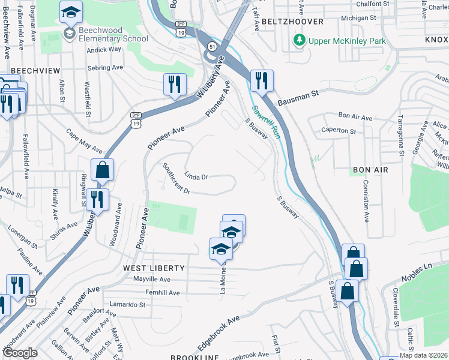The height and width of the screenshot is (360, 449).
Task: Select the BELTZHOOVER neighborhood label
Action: pyautogui.click(x=292, y=22)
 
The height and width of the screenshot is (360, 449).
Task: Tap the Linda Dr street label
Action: pyautogui.click(x=195, y=177)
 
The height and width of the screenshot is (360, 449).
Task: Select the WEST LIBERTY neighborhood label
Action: pyautogui.click(x=153, y=268)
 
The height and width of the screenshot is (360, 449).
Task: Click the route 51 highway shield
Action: pyautogui.click(x=212, y=46)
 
